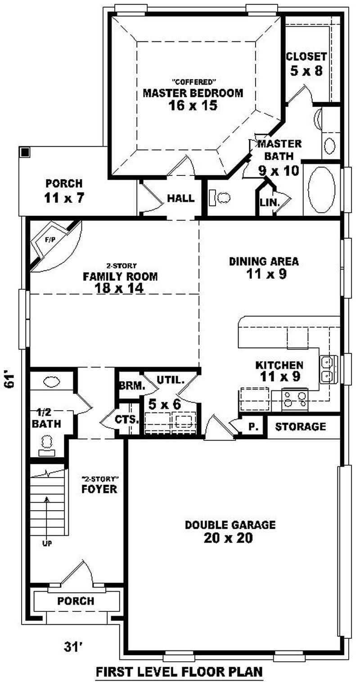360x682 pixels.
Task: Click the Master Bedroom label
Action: point(193,93)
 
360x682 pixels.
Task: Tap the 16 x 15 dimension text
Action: point(193,106)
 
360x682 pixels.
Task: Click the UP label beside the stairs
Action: point(47,543)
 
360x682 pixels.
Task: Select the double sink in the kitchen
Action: point(328,369)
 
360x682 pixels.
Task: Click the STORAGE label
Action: point(300,426)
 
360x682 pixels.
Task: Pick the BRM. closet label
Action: point(131,386)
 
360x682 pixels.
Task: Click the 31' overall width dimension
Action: point(73,647)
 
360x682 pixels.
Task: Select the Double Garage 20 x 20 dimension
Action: point(230,538)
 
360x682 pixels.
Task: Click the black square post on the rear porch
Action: point(25,152)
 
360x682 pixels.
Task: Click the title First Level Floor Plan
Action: point(179,672)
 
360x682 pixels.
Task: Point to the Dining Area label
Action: point(264,261)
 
